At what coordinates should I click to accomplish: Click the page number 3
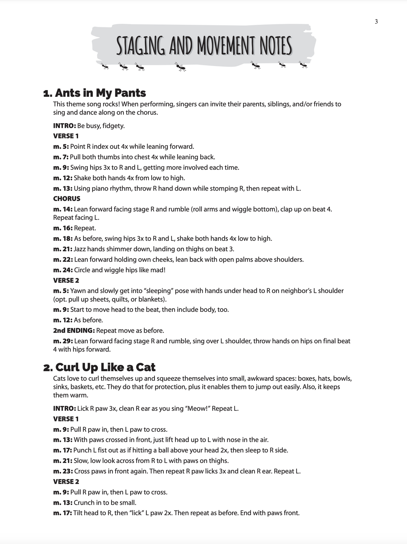(376, 22)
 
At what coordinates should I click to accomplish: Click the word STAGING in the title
(140, 46)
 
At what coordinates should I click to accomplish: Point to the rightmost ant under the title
(303, 65)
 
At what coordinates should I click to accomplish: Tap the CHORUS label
(67, 199)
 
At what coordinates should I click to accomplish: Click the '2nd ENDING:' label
(74, 331)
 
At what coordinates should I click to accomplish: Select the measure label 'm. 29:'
(63, 341)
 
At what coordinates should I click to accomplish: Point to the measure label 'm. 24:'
(63, 270)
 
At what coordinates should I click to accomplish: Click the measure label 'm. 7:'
(61, 157)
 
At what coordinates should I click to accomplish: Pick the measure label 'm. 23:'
(63, 471)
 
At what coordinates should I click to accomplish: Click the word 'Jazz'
(80, 249)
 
